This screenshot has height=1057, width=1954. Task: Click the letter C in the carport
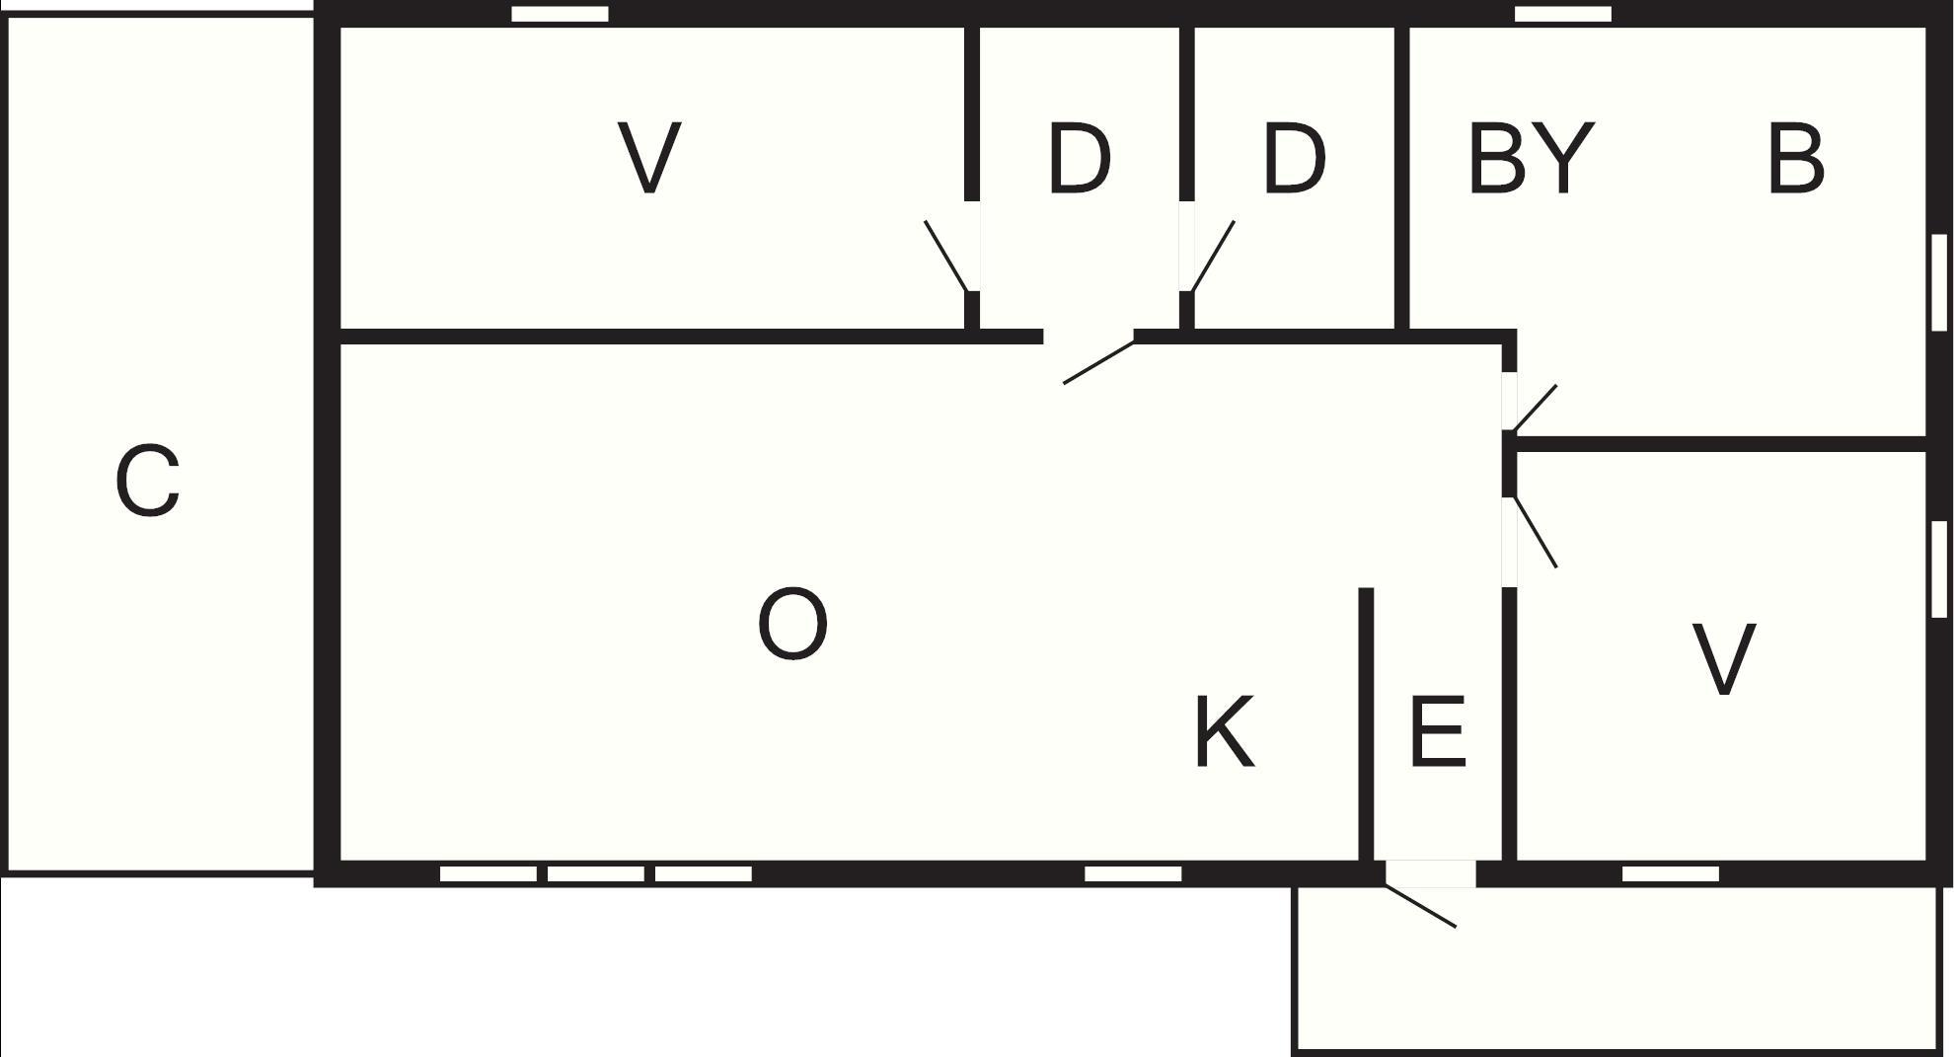tap(148, 481)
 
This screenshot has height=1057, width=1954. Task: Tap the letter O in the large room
tap(792, 624)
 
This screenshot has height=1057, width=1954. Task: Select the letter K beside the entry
tap(1224, 731)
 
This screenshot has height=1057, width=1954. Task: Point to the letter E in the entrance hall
tap(1438, 731)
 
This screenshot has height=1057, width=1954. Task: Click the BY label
tap(1531, 158)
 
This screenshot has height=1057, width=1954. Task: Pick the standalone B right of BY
tap(1795, 158)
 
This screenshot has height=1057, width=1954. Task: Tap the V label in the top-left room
tap(649, 158)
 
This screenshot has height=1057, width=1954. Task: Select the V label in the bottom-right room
tap(1723, 659)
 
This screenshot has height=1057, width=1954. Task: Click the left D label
tap(1079, 158)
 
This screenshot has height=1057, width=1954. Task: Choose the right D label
tap(1294, 158)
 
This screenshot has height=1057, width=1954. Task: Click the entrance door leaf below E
tap(1420, 906)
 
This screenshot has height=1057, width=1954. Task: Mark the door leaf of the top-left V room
tap(946, 256)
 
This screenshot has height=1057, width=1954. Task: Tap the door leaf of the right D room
tap(1213, 257)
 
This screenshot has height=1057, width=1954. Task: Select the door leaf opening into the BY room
tap(1535, 408)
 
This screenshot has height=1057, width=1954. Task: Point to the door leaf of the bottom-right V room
tap(1536, 532)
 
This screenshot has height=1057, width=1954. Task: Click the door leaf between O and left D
tap(1098, 361)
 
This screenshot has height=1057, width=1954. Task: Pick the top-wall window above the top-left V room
tap(560, 14)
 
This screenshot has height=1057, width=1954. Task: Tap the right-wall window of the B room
tap(1938, 281)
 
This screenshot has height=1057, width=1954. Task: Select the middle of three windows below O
tap(595, 873)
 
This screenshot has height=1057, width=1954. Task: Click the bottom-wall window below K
tap(1133, 873)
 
